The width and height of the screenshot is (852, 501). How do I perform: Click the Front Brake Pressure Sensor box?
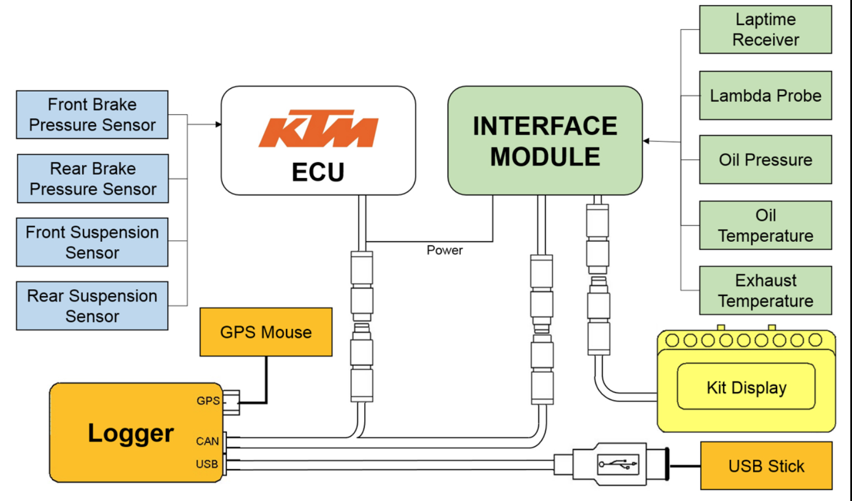coord(92,114)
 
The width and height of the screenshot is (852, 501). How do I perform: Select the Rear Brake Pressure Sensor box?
coord(93,179)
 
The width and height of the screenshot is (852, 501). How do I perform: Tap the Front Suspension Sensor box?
coord(92,242)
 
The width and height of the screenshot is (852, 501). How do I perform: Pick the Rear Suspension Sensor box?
coord(92,306)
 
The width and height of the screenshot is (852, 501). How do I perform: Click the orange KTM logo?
coord(318,129)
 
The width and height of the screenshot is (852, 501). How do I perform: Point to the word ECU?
coord(318,172)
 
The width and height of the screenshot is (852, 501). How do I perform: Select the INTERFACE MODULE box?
coord(545,141)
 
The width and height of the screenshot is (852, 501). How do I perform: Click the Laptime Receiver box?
coord(765,30)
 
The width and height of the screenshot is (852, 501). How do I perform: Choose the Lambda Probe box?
coord(765,96)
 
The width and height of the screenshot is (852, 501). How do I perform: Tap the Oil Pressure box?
coord(765,160)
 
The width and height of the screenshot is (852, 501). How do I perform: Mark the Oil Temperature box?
coord(765,225)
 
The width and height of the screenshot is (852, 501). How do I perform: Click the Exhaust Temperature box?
coord(765,290)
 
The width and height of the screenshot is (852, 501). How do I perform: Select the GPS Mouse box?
coord(266,332)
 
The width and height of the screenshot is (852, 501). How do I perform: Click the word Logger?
coord(131,433)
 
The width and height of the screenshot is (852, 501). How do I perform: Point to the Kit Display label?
coord(746,388)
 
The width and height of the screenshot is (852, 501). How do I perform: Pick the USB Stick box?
coord(766,466)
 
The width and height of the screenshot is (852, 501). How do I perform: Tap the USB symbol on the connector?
coord(617,464)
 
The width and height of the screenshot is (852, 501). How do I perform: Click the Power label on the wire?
coord(445,250)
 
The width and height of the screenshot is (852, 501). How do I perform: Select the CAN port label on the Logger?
coord(207,441)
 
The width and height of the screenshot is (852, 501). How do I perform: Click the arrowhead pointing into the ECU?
coord(218,124)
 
